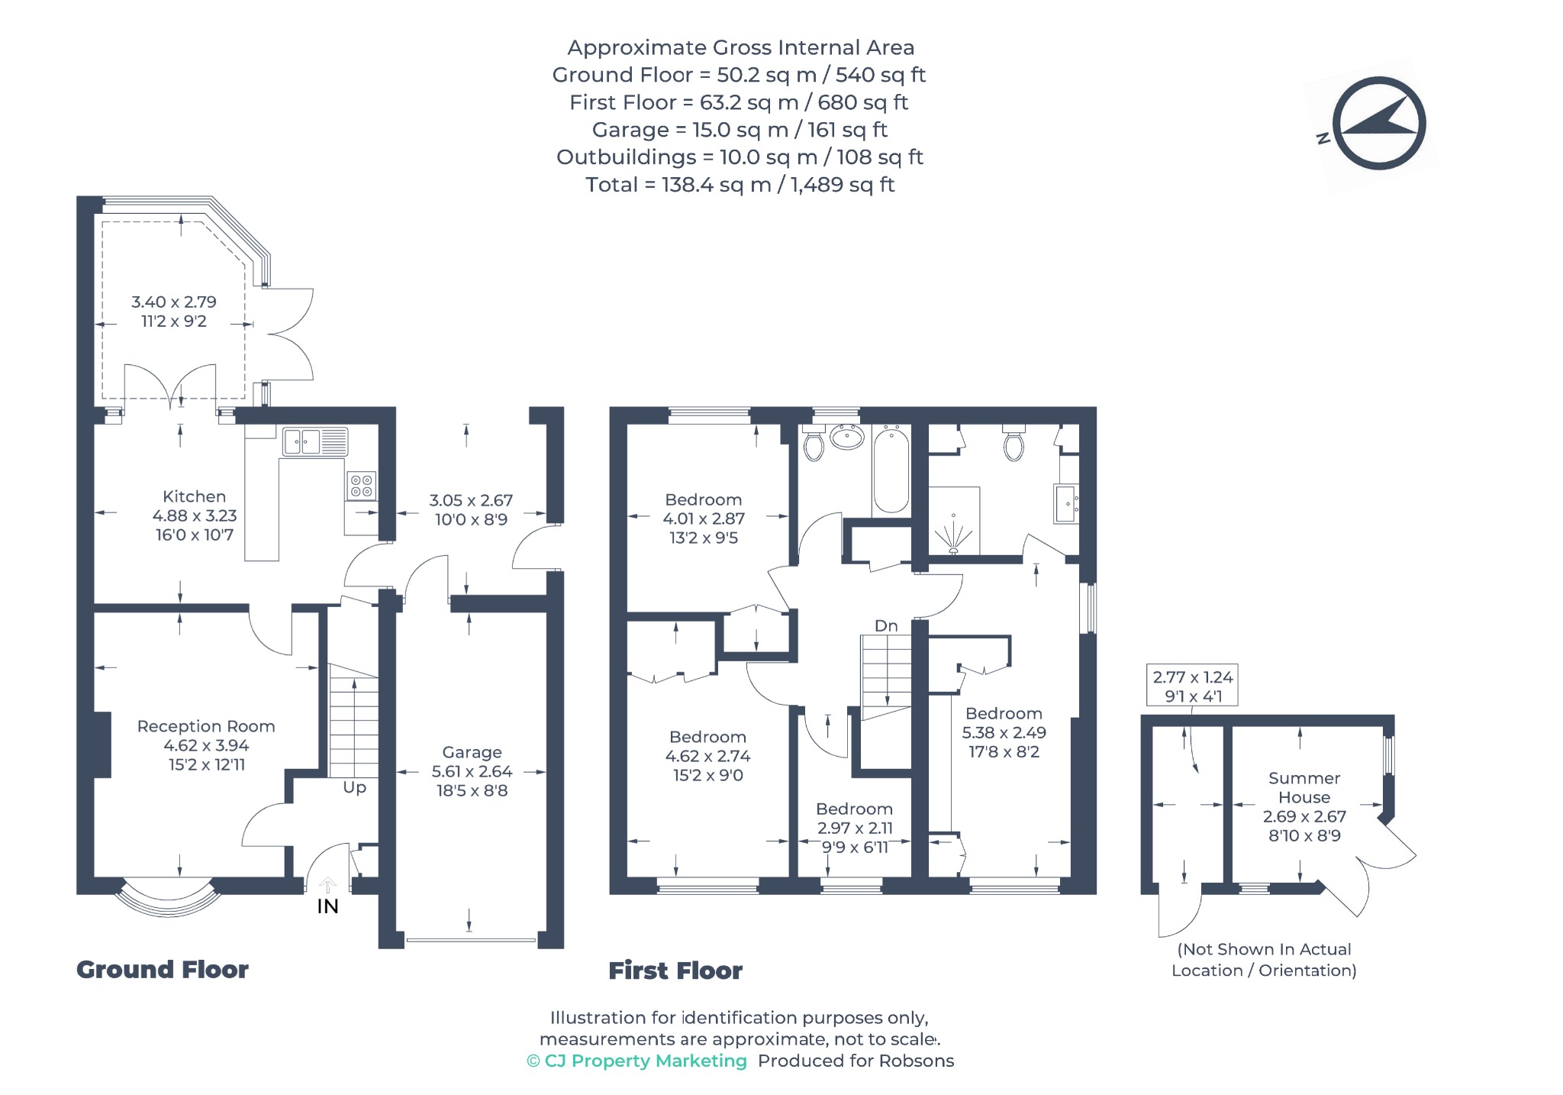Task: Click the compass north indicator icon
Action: click(1378, 123)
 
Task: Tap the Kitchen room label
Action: click(194, 496)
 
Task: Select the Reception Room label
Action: click(206, 726)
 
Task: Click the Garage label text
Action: click(472, 752)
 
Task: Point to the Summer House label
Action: click(1304, 787)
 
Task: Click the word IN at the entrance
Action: click(327, 906)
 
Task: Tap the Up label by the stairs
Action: click(354, 787)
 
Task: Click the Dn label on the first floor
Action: click(886, 625)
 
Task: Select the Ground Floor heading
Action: click(163, 970)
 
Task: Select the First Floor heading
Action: click(675, 971)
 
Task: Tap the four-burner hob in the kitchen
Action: click(361, 486)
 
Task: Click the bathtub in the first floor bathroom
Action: click(891, 470)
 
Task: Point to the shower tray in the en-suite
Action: click(954, 521)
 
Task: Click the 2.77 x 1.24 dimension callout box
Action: click(1192, 686)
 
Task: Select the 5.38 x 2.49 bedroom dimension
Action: click(1004, 732)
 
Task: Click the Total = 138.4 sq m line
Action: click(740, 185)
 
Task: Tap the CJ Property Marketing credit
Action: click(636, 1061)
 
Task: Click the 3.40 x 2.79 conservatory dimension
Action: click(174, 302)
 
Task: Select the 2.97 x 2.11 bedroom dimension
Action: click(855, 828)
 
